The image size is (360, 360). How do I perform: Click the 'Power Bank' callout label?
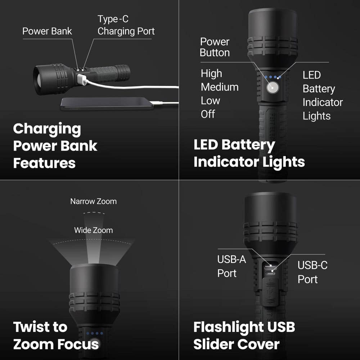[47, 31]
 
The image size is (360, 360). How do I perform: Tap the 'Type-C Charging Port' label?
[126, 25]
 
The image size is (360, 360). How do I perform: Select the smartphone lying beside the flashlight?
[104, 103]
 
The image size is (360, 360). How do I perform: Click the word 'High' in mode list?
[211, 73]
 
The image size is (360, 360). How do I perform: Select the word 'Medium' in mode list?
[220, 87]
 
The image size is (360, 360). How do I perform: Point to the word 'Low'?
[210, 101]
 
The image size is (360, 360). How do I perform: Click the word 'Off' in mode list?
[208, 114]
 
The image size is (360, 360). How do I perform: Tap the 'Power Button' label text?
[215, 47]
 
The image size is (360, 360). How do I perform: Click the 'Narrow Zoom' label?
[93, 201]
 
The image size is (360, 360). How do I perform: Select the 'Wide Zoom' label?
[93, 230]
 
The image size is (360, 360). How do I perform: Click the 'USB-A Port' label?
[231, 266]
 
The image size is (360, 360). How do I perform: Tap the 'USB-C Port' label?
[312, 272]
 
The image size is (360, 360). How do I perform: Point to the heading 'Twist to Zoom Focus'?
[56, 336]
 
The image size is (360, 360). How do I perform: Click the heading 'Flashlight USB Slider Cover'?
[244, 336]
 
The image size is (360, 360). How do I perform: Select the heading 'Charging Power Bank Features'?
[55, 146]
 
